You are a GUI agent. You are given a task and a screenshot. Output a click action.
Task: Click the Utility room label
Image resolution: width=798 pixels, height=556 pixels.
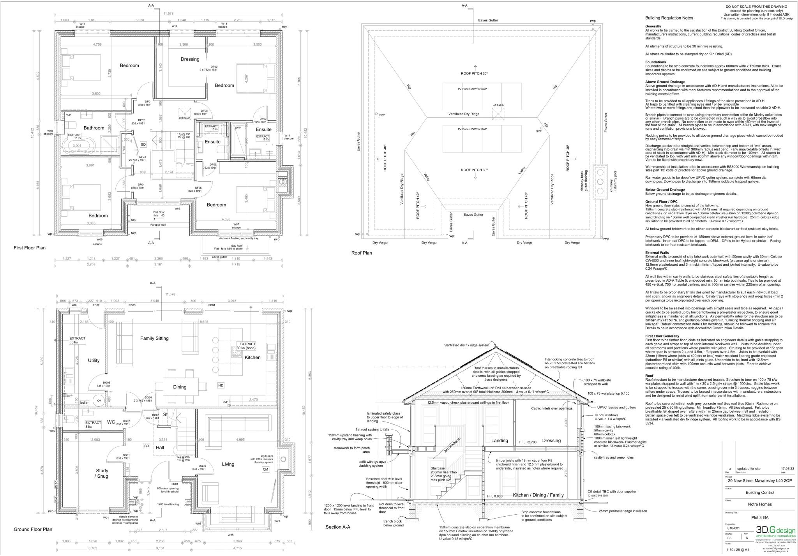click(x=94, y=360)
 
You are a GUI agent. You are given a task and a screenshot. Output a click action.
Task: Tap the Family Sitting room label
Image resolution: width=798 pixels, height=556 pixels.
click(x=154, y=338)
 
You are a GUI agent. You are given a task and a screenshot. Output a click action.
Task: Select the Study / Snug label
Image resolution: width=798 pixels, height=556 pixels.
click(x=102, y=473)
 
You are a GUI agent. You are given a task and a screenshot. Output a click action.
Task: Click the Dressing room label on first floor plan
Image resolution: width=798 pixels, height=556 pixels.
click(x=190, y=59)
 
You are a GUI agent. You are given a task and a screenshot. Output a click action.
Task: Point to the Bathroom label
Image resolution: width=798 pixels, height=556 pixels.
click(x=94, y=128)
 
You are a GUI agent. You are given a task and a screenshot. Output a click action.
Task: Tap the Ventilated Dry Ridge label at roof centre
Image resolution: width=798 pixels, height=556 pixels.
click(x=463, y=114)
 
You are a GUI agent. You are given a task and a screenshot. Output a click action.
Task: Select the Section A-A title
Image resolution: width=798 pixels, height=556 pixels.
click(x=338, y=527)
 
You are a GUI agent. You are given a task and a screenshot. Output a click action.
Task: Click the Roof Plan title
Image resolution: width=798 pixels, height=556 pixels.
click(x=362, y=253)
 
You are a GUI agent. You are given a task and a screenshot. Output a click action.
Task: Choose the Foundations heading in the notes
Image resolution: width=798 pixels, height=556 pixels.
click(x=655, y=62)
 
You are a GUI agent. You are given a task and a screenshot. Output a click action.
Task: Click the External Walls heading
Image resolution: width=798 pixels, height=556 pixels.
click(x=657, y=252)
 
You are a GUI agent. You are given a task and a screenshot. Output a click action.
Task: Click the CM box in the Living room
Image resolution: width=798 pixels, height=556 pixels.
click(x=265, y=470)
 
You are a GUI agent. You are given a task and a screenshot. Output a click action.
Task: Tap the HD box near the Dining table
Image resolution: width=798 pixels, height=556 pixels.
click(x=221, y=385)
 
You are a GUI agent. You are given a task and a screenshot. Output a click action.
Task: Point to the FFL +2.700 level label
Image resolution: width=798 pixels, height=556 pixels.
click(x=528, y=442)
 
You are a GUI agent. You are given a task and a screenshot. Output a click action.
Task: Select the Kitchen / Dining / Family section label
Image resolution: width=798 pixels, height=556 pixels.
click(x=538, y=495)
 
